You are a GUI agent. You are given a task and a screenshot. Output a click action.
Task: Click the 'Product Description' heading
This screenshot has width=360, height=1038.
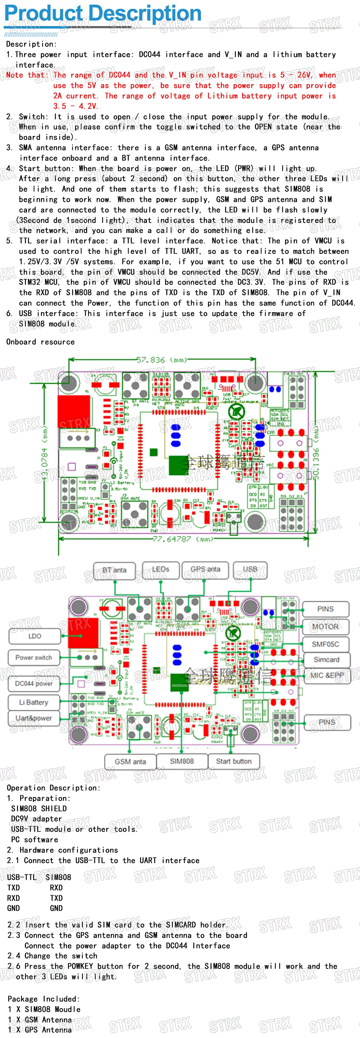pos(103,13)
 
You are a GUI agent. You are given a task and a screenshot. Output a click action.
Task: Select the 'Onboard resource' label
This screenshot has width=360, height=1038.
pos(40,342)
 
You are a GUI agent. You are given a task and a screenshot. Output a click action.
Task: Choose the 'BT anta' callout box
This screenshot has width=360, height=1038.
pos(114,570)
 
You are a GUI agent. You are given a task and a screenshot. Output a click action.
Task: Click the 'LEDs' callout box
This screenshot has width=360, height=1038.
pos(160,569)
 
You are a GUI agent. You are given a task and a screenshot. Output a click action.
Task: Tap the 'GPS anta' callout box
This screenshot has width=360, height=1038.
pos(205,569)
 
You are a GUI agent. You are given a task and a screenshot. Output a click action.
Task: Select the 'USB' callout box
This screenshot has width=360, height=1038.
pos(250,569)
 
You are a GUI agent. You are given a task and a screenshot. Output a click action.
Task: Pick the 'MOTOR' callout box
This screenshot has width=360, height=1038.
pos(325,627)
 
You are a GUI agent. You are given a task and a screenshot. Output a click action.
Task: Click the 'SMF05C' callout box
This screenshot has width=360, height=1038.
pos(325,644)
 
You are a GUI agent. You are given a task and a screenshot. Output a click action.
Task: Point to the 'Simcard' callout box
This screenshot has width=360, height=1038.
pos(326,660)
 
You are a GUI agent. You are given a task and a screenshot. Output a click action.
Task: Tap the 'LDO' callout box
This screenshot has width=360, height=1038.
pos(35,636)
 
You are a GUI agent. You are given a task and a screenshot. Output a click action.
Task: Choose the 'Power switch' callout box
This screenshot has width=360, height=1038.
pos(34,657)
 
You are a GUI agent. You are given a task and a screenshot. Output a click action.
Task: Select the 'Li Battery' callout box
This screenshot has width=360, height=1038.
pos(34,702)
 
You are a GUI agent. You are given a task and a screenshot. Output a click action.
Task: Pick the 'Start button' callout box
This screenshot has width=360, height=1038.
pos(233,761)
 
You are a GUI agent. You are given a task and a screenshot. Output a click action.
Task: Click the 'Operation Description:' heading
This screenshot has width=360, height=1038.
pos(53,788)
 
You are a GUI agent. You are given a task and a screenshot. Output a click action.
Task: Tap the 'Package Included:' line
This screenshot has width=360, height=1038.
pos(44,999)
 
